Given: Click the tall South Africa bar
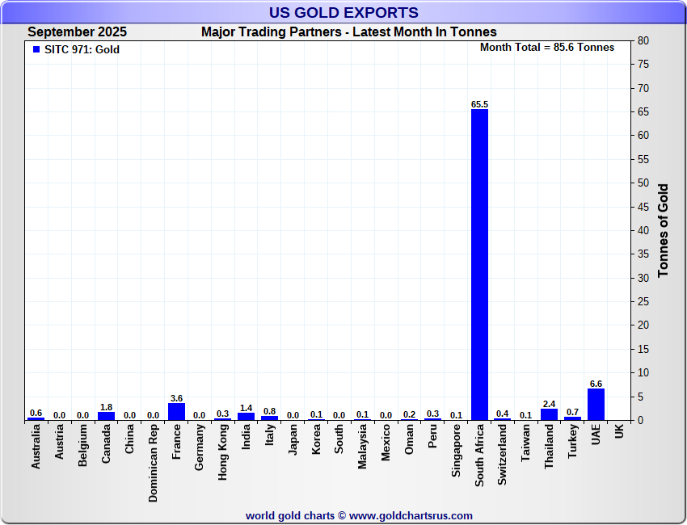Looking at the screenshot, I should pos(479,264).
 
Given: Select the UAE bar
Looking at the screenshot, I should pos(596,404).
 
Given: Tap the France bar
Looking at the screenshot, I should pos(176,411).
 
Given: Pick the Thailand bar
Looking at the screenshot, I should pos(549,414).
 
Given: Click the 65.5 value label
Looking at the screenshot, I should pos(479,104).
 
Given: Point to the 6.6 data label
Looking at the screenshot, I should pos(596,384).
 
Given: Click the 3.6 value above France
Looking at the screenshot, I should pos(176,398).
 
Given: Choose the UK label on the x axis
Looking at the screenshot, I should pos(619,432).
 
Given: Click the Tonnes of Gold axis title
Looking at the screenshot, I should pos(664,230).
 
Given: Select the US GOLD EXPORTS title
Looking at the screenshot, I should pos(343,12).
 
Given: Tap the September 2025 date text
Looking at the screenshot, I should pos(77,32).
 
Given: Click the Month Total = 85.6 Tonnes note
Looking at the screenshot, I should pos(546,47).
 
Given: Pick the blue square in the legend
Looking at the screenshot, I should pos(36,49).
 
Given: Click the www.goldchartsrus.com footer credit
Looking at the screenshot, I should pos(411,515).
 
